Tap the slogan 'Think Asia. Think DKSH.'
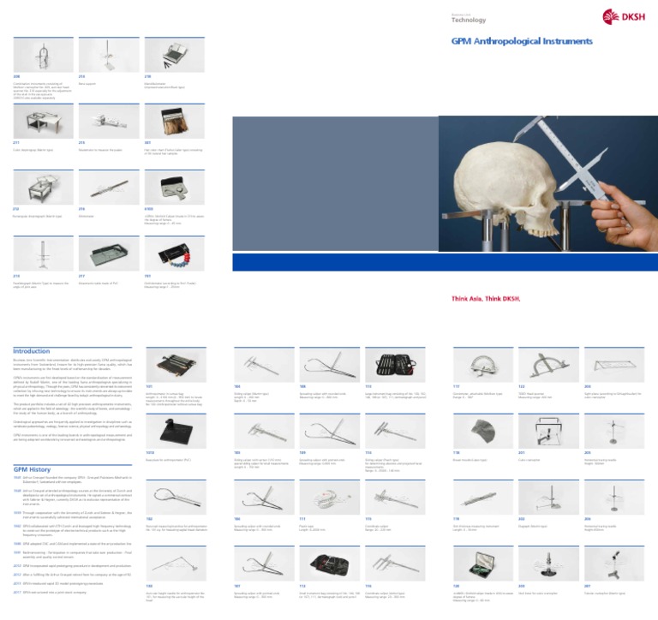tap(487, 298)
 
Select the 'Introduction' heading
tap(32, 350)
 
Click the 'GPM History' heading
tap(33, 470)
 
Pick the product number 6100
tap(150, 208)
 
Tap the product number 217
tap(81, 276)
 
